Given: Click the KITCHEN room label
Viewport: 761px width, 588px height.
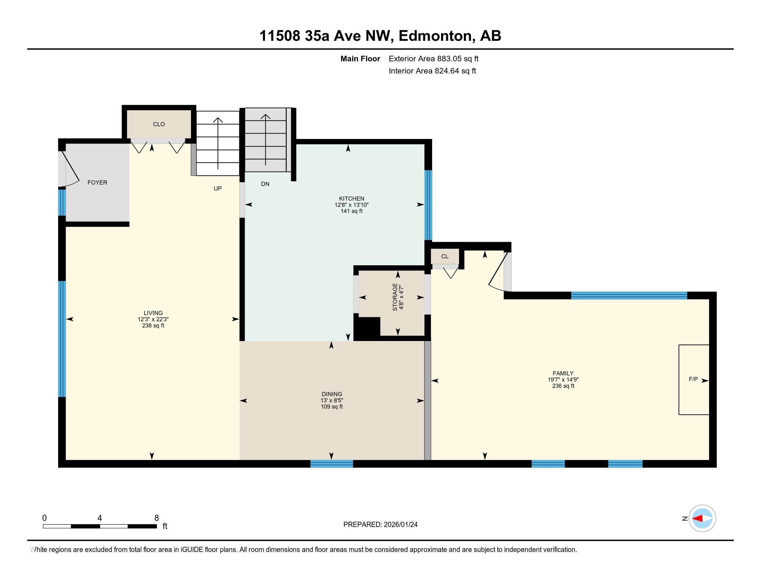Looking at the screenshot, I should [x=351, y=199].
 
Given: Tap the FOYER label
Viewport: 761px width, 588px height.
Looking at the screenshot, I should [x=97, y=183].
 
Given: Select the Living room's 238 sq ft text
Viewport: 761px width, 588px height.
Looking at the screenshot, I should [x=153, y=326].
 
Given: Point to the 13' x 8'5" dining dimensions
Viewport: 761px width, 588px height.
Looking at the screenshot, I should [x=332, y=401].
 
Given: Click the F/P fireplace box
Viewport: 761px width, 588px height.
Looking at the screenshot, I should [x=694, y=379].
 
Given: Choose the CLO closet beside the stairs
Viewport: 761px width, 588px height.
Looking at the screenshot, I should [x=159, y=125].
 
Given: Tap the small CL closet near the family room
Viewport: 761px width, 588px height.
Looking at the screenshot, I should [x=444, y=257].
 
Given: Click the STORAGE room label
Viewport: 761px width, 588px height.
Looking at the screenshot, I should [x=395, y=297].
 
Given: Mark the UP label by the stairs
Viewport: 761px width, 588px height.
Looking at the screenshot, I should [x=218, y=189].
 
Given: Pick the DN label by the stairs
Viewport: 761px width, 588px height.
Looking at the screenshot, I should [x=265, y=184].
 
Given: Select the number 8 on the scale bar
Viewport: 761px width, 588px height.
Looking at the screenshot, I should [x=156, y=518].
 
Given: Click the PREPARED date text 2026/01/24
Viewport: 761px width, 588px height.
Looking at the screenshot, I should [x=400, y=525].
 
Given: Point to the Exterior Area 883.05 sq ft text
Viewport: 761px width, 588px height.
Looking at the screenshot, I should [x=433, y=59].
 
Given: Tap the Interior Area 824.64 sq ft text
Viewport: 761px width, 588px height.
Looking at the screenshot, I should [x=432, y=71].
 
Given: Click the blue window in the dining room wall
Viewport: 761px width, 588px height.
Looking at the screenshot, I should [x=331, y=463].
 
